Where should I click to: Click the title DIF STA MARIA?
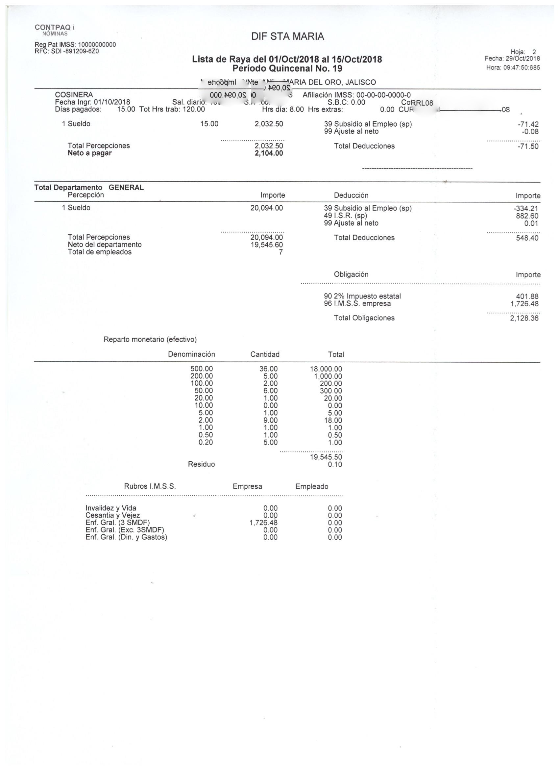click(287, 37)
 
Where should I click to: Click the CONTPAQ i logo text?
click(55, 28)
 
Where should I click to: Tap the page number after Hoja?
click(534, 52)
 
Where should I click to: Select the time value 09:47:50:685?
click(521, 67)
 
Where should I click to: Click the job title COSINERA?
click(74, 95)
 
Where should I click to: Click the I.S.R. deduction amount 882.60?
click(529, 216)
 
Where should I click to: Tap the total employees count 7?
click(280, 252)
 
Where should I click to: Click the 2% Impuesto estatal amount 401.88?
click(529, 296)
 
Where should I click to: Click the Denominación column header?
click(191, 354)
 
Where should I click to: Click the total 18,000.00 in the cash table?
click(326, 369)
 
